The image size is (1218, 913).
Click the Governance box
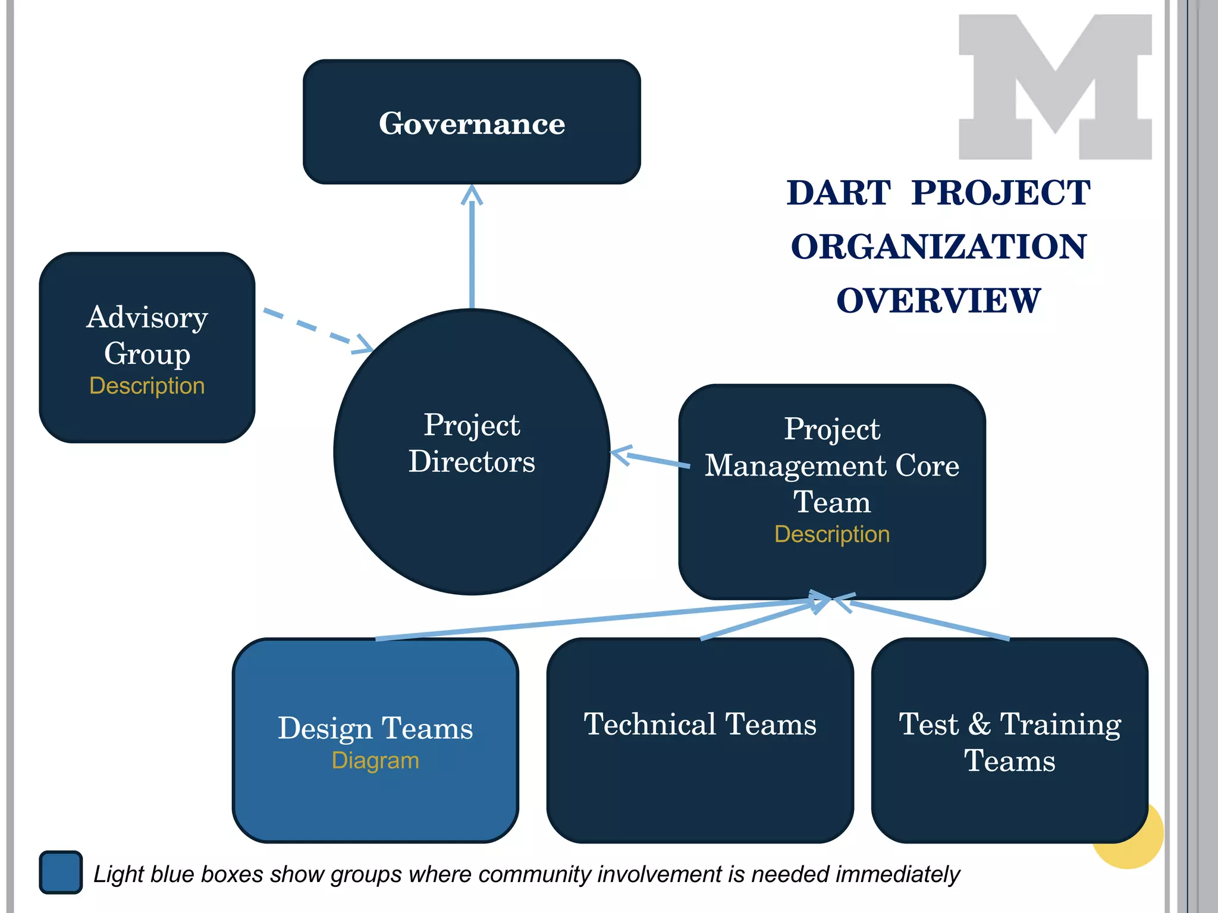(x=472, y=122)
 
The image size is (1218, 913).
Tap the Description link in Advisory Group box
(x=147, y=386)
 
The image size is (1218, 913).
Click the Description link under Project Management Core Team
(x=831, y=534)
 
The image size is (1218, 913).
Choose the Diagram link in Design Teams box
(x=375, y=760)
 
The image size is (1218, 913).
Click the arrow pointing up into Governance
(x=472, y=250)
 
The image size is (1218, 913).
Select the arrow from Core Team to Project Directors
(x=651, y=458)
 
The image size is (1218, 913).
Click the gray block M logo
(x=1054, y=87)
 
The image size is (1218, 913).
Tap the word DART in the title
(x=838, y=193)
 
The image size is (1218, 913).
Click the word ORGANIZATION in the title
(x=938, y=247)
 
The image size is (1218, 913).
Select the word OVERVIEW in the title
(x=938, y=300)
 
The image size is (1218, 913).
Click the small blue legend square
(x=61, y=872)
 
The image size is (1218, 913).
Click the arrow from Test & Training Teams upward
(x=928, y=621)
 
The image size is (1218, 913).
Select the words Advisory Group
(x=147, y=335)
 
